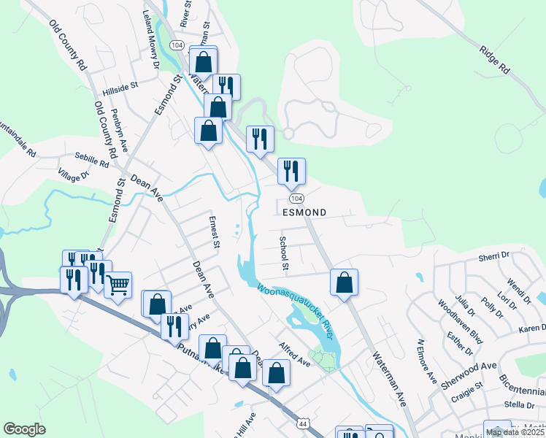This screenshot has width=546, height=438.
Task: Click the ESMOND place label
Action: pos(304,212)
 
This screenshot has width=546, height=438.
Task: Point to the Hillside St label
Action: pos(120,86)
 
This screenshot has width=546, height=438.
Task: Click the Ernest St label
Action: pos(214,231)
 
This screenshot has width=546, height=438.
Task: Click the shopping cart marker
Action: pos(118,285)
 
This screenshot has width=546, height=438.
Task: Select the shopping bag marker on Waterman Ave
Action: pos(344,282)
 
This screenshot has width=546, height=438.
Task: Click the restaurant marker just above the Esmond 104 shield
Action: pos(291,171)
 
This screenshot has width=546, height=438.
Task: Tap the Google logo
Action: pos(24,429)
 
